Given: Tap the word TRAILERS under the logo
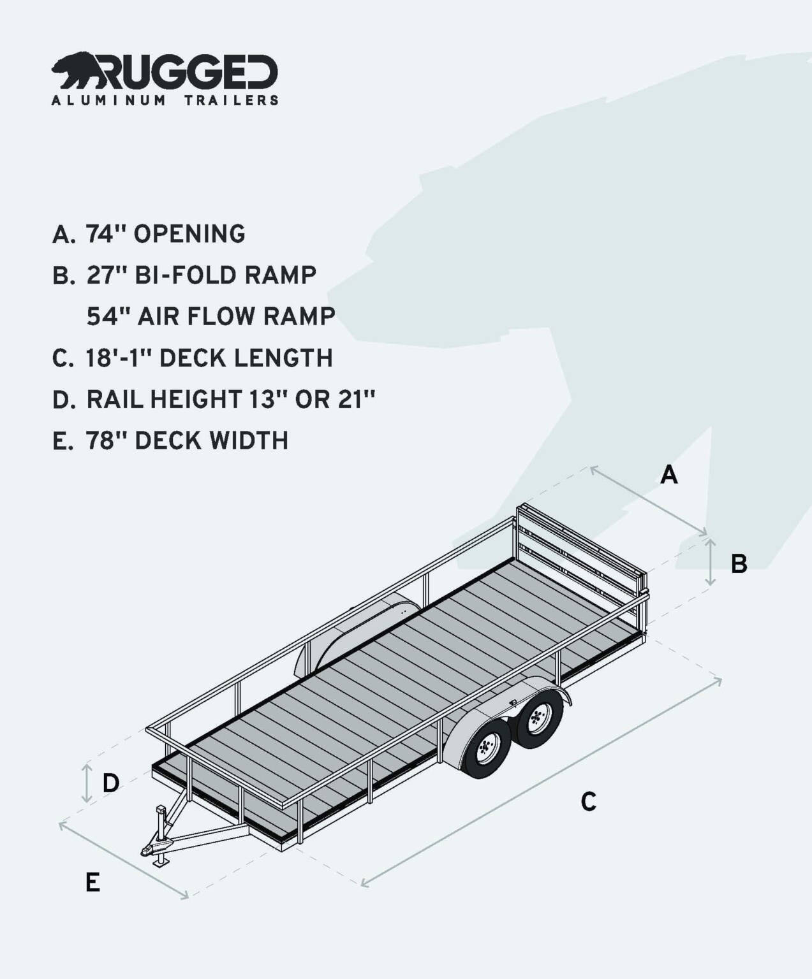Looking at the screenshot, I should tap(231, 100).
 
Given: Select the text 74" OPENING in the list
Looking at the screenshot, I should tap(165, 234).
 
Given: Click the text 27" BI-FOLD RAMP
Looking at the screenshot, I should tap(201, 275).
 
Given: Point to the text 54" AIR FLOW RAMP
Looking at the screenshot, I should tap(210, 316).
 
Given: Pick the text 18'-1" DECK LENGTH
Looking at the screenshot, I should tap(209, 358).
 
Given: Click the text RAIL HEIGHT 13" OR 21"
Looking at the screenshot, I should tap(230, 399).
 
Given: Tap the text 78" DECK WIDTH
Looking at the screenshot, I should tap(187, 440).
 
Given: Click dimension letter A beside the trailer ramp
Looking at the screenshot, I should tap(668, 475).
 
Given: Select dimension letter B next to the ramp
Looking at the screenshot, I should tap(739, 563).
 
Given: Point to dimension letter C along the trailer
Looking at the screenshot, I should tap(588, 801).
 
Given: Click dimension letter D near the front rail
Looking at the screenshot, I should tap(111, 783).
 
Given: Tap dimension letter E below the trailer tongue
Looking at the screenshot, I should tap(92, 883).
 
